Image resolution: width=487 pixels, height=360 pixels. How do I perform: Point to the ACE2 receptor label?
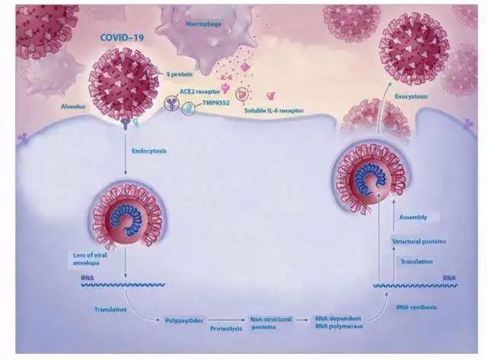194,90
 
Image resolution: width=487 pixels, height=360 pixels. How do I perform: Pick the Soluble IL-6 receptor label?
275,111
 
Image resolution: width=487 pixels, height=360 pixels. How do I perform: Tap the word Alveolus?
72,109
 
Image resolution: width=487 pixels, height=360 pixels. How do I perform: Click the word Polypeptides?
184,320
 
